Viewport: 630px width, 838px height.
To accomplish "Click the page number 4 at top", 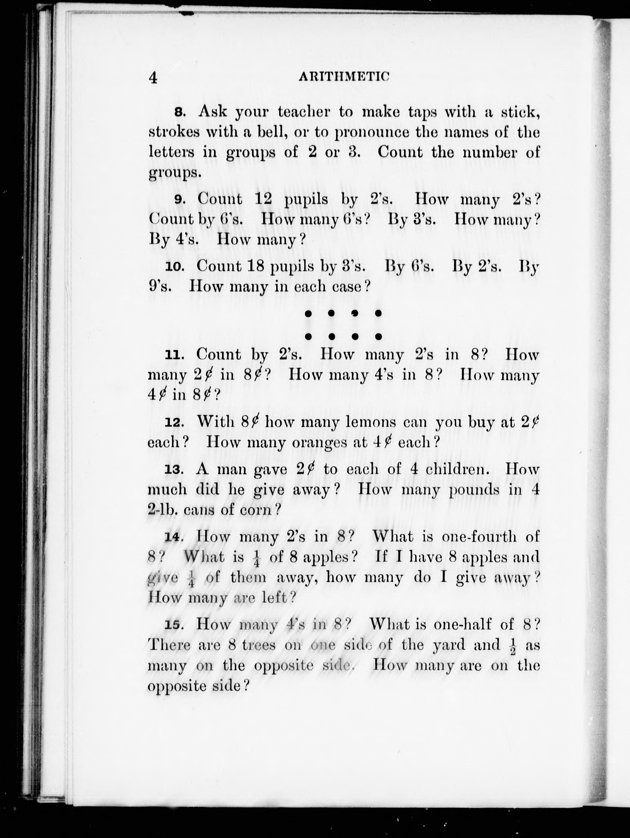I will click(x=153, y=78).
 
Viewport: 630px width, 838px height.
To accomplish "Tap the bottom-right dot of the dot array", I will click(x=378, y=336).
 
